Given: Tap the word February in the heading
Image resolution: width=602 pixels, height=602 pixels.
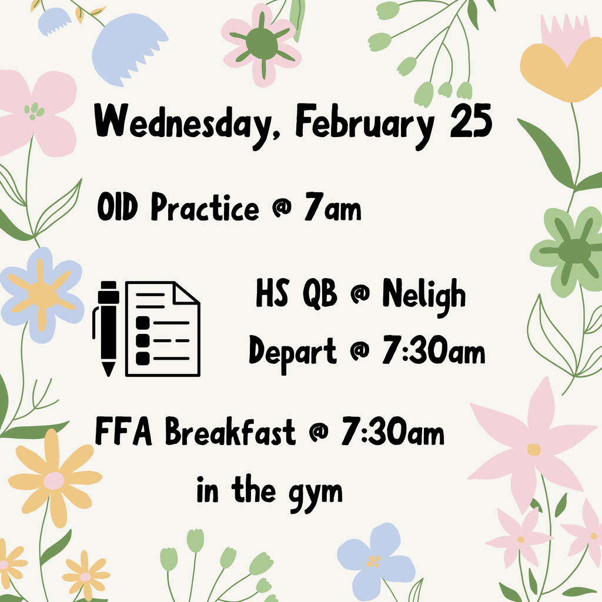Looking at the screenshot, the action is pyautogui.click(x=365, y=125).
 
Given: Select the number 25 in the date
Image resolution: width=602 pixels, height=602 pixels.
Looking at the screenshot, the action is pyautogui.click(x=471, y=121).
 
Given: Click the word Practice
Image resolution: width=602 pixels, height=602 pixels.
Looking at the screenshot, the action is pyautogui.click(x=205, y=207).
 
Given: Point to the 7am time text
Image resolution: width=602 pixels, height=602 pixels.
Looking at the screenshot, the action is pyautogui.click(x=333, y=207).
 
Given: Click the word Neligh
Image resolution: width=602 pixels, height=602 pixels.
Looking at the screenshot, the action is pyautogui.click(x=424, y=296).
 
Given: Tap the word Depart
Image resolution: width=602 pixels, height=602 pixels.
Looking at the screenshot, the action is pyautogui.click(x=293, y=353).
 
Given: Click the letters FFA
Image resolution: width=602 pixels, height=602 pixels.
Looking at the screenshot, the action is pyautogui.click(x=123, y=431).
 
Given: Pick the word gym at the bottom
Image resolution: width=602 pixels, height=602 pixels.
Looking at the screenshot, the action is pyautogui.click(x=316, y=494).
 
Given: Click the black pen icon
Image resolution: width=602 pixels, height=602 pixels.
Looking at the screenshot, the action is pyautogui.click(x=106, y=329).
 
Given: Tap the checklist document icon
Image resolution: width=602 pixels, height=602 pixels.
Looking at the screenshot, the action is pyautogui.click(x=163, y=329).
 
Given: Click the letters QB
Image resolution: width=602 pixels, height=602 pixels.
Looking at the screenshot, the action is pyautogui.click(x=320, y=294).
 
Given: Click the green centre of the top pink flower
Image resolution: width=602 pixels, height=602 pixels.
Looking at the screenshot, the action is pyautogui.click(x=262, y=44).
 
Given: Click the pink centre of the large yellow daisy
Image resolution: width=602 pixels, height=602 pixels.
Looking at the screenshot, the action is pyautogui.click(x=53, y=481).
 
